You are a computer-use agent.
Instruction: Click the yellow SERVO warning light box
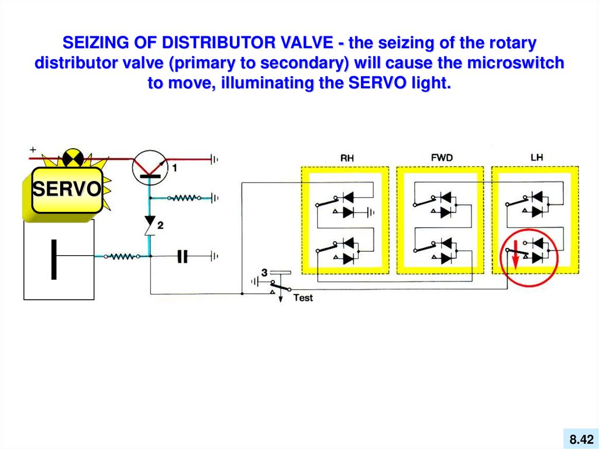pos(67,190)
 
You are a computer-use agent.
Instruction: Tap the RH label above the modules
pos(347,158)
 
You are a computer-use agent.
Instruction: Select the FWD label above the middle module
pos(442,157)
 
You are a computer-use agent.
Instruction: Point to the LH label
pos(536,157)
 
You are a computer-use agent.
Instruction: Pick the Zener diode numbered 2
pos(150,227)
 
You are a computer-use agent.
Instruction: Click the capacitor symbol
pos(183,256)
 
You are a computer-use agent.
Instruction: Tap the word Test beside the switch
pos(303,298)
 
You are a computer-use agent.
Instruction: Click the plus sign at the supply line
pos(33,150)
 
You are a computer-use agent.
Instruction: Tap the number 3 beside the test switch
pos(264,272)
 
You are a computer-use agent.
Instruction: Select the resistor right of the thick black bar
pos(122,256)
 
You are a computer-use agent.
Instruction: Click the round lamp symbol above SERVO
pos(74,157)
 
